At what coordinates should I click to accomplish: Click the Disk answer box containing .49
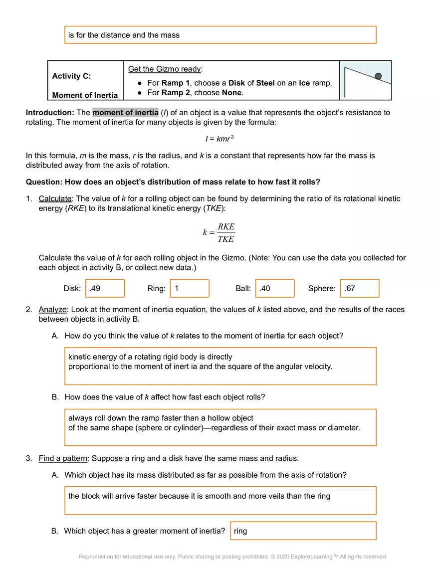point(105,288)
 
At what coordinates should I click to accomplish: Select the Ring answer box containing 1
point(189,288)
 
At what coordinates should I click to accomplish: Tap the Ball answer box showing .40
point(275,288)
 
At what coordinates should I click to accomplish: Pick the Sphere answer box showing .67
point(360,288)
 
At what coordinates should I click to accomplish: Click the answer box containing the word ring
point(303,531)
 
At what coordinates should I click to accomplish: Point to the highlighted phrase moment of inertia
point(125,112)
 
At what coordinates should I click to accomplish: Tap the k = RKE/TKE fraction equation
point(219,233)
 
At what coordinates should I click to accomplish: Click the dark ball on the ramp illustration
point(378,76)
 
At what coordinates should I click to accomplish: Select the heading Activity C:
point(71,76)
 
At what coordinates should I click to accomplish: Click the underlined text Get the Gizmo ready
point(164,69)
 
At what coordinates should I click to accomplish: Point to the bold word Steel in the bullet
point(265,83)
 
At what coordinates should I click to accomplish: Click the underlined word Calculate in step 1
point(55,198)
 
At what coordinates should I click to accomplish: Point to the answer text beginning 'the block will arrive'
point(199,496)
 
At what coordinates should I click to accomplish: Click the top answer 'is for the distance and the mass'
point(124,35)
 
